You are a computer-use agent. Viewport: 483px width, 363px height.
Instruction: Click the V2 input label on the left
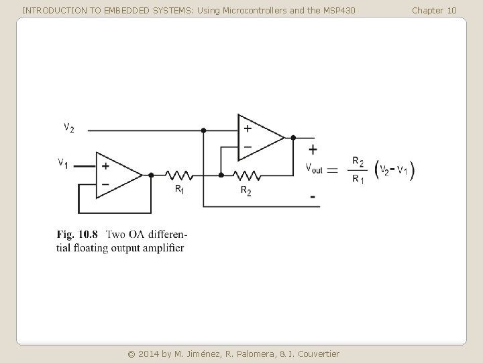click(69, 128)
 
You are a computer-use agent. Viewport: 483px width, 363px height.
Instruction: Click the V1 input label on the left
click(62, 163)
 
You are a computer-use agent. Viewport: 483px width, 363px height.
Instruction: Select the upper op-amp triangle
click(260, 137)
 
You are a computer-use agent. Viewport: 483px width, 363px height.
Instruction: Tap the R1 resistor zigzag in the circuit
click(179, 175)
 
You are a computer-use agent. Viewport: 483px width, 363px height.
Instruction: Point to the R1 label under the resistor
click(180, 190)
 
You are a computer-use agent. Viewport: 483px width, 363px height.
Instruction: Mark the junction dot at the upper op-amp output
click(293, 137)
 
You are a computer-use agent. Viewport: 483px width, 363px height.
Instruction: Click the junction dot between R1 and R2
click(221, 175)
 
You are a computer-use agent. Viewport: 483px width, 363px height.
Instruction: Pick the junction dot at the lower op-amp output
click(151, 175)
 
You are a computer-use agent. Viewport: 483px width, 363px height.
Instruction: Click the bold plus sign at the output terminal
click(313, 149)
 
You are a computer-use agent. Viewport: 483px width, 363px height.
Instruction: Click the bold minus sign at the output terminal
click(313, 198)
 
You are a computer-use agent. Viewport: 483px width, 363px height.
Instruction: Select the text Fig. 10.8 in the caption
click(77, 235)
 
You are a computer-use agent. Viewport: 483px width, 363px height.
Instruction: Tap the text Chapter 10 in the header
click(434, 10)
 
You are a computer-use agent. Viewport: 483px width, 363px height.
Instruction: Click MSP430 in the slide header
click(339, 10)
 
